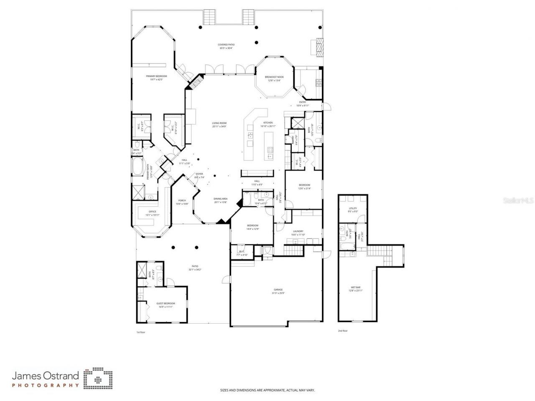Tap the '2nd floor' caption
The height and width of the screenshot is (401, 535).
[343, 331]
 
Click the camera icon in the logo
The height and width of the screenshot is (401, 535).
[98, 379]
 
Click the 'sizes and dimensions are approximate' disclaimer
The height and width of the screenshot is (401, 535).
[267, 391]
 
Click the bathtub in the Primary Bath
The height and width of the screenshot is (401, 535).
[138, 169]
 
